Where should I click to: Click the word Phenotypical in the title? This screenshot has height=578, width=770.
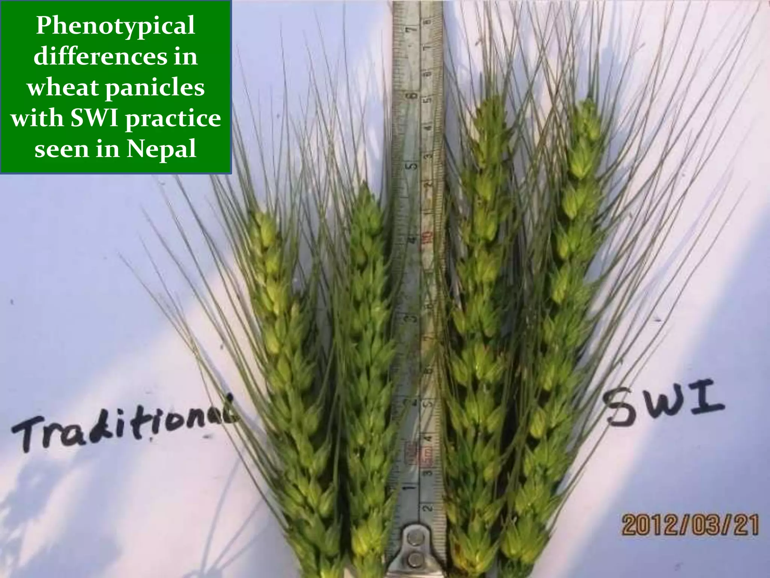(x=115, y=26)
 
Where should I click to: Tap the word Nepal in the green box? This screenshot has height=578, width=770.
(x=161, y=149)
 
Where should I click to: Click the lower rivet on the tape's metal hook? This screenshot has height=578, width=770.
(x=415, y=558)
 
